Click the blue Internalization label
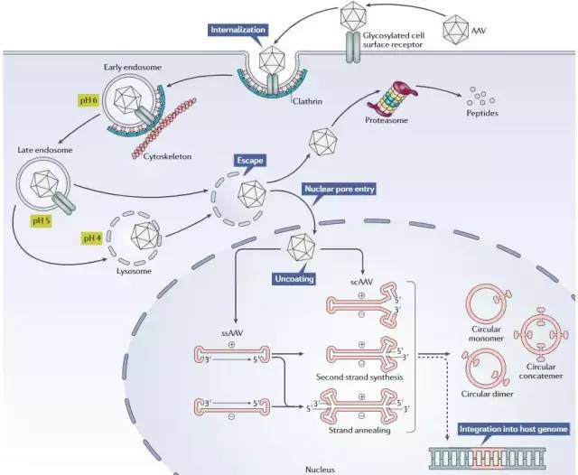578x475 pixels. pos(238,30)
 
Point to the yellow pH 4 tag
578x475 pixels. pos(91,238)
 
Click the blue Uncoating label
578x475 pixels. pos(294,280)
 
